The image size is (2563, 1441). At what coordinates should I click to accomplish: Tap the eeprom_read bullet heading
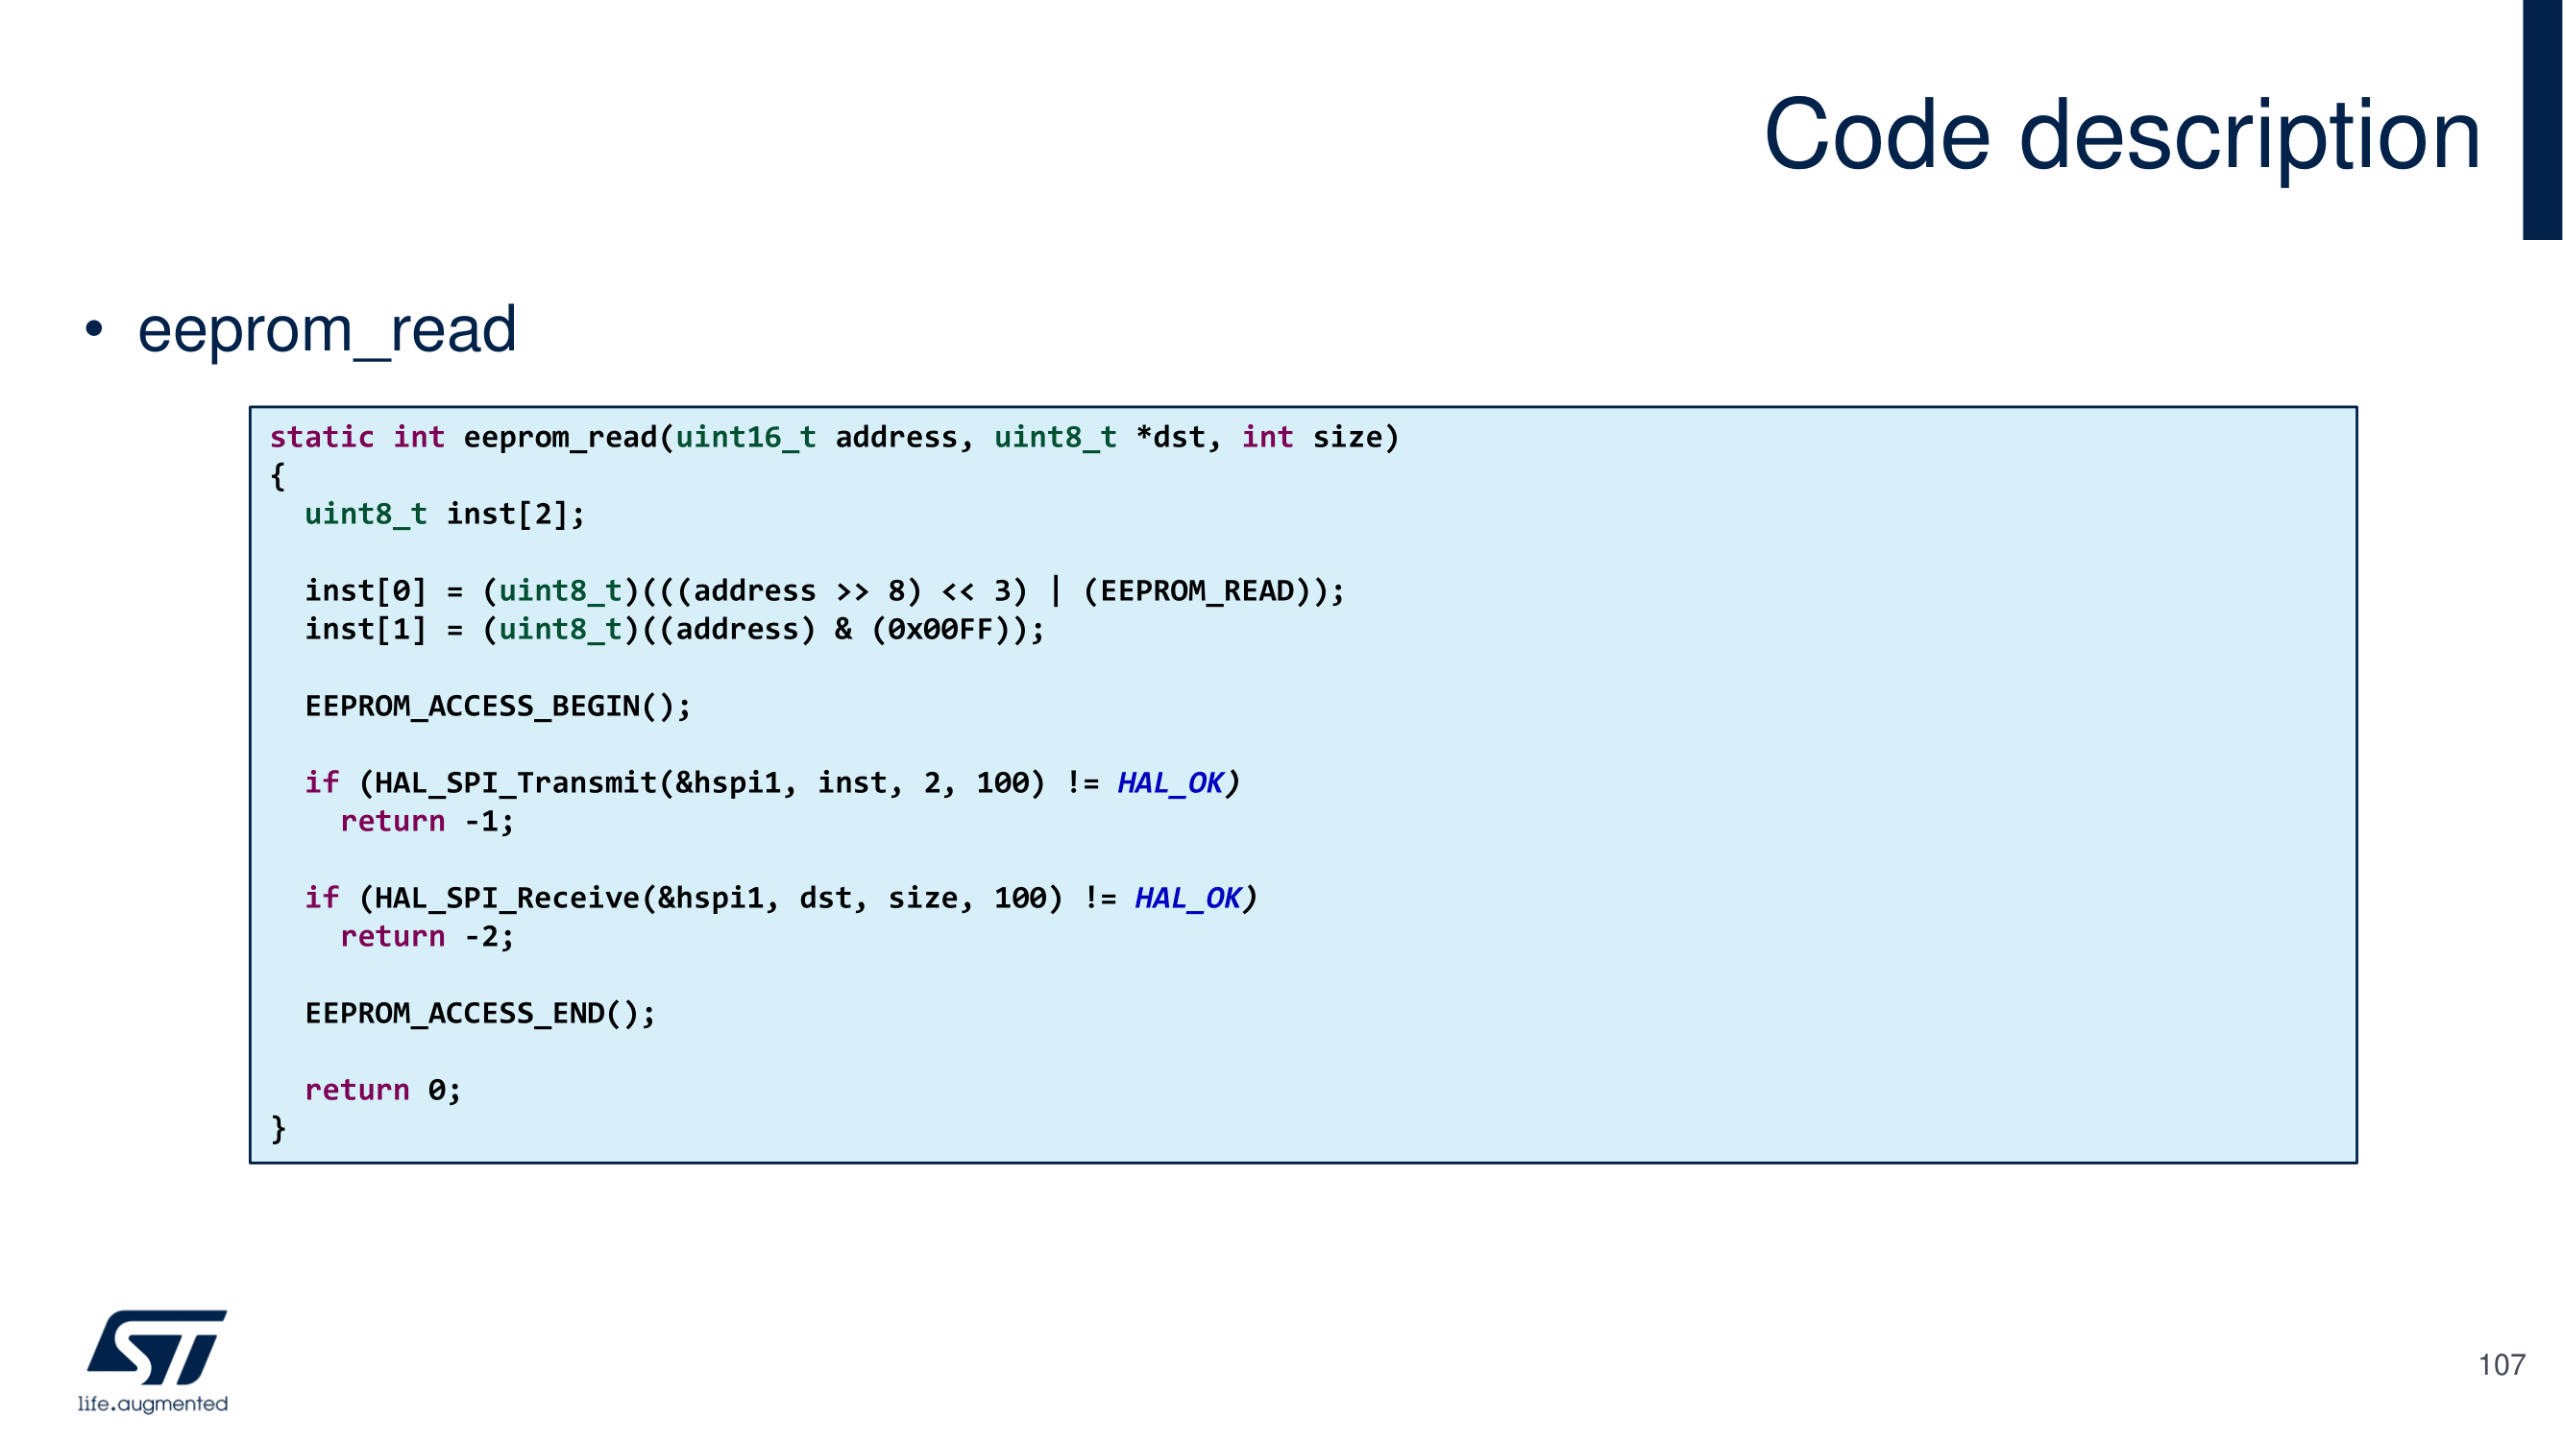coord(327,329)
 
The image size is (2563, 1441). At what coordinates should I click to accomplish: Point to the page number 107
coord(2500,1364)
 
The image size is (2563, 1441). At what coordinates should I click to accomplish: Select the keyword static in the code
coord(322,438)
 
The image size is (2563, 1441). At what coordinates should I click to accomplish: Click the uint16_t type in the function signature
coord(745,438)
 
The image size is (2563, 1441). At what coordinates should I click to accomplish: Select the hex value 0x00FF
coord(940,630)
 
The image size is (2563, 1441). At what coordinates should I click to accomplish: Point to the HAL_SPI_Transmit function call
coord(515,783)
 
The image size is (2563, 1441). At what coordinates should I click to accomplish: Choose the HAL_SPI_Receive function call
coord(506,899)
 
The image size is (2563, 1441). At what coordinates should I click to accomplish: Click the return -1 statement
coord(427,822)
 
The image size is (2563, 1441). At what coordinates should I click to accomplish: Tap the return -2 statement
coord(427,937)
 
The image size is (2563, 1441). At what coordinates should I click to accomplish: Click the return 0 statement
coord(382,1091)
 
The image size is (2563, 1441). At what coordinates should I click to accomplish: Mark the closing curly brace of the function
coord(279,1129)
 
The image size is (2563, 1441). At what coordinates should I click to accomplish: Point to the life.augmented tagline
coord(154,1404)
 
